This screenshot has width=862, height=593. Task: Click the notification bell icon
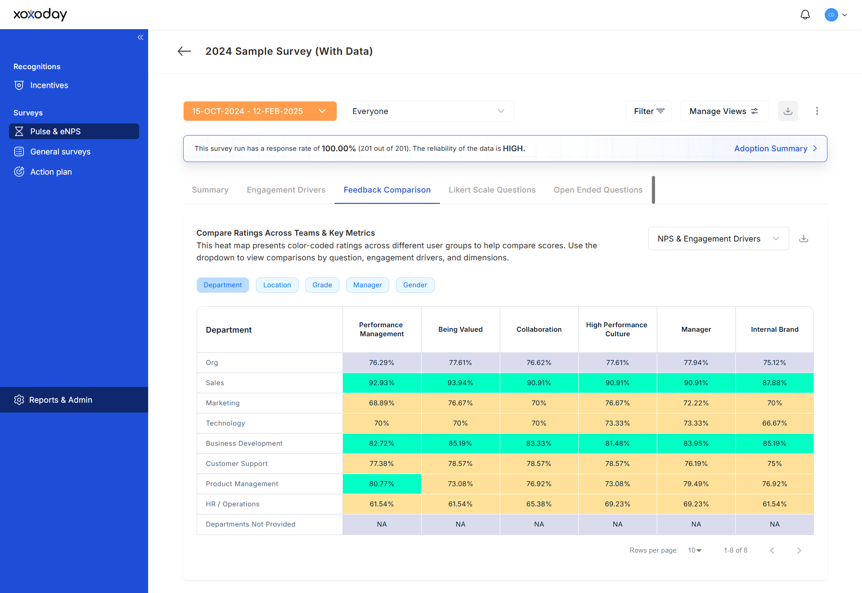[805, 15]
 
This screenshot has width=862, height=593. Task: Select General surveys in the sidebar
[53, 152]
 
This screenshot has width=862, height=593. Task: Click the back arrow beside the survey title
[185, 51]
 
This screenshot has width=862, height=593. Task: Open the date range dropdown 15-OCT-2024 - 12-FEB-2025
[260, 111]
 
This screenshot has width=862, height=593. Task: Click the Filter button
[649, 111]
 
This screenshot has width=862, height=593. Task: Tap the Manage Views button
[724, 111]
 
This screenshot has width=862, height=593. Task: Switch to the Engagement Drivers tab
[286, 190]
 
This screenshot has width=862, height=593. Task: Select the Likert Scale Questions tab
[492, 190]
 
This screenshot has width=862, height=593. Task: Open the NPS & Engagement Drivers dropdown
[718, 238]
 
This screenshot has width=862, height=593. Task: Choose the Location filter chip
[277, 285]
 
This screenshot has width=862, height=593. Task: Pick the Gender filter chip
[415, 285]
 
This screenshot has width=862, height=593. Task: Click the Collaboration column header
[539, 329]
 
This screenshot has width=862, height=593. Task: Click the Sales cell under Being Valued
[460, 383]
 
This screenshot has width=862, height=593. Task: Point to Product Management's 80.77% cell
[382, 484]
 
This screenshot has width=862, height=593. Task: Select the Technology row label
[225, 423]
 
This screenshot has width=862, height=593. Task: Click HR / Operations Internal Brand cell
[774, 504]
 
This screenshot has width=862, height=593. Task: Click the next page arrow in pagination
[799, 550]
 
